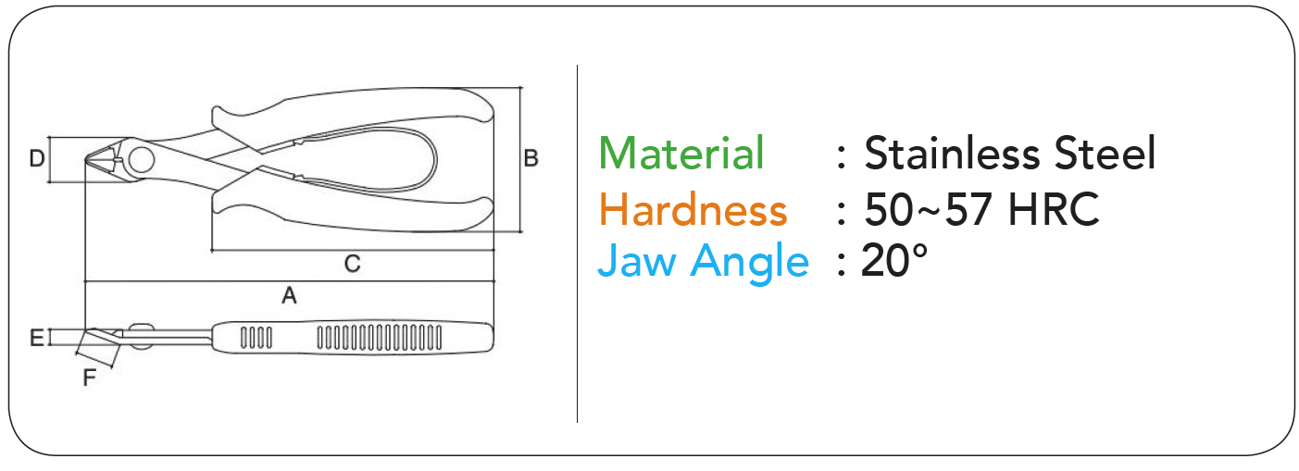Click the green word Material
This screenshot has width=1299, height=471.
(681, 153)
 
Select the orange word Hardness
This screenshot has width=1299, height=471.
(693, 209)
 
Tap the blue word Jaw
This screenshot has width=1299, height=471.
(637, 261)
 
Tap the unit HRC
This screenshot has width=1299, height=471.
(1054, 209)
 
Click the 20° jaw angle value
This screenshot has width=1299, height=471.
(894, 261)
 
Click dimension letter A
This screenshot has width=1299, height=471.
(290, 295)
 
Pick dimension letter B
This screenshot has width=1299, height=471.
(531, 158)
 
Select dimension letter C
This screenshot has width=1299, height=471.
(353, 264)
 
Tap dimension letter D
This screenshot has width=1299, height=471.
(36, 158)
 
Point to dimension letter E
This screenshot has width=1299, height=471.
(36, 338)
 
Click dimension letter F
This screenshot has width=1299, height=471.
(89, 378)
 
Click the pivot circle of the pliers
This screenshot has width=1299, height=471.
(142, 160)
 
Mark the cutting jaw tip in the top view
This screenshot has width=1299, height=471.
(86, 159)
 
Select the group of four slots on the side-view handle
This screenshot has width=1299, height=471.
(256, 339)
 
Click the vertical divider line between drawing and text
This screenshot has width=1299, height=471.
(577, 243)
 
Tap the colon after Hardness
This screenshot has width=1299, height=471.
(842, 212)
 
